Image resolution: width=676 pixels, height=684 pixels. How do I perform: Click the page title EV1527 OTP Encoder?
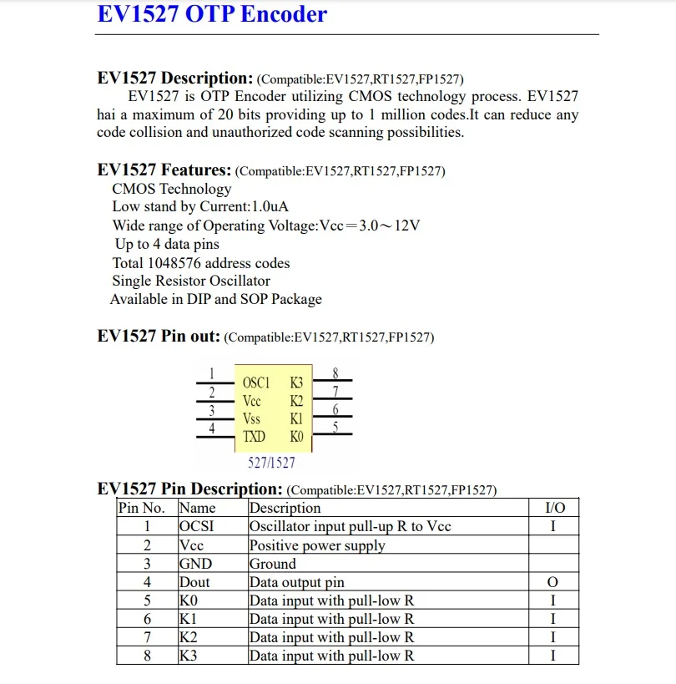(212, 14)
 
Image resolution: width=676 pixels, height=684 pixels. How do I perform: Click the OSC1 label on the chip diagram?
(256, 383)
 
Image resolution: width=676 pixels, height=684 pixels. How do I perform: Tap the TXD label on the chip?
(254, 436)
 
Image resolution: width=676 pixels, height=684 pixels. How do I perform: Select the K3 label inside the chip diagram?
(296, 383)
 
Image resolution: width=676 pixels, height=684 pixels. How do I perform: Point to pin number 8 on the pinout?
(335, 372)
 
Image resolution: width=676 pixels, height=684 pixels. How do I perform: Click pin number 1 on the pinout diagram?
(212, 373)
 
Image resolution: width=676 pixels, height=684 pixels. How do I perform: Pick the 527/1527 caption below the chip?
(271, 462)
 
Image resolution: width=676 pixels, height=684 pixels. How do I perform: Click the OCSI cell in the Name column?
(196, 526)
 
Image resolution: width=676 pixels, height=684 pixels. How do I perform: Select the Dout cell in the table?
(194, 582)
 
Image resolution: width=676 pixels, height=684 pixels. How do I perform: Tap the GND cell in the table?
(195, 564)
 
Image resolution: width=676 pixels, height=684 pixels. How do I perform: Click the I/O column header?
(554, 508)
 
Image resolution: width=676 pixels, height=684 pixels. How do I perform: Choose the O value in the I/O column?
(552, 582)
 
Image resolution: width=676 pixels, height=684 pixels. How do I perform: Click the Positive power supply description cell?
(317, 545)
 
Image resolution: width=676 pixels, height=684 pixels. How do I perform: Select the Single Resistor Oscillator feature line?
(191, 281)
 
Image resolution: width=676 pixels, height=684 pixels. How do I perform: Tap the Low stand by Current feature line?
(201, 207)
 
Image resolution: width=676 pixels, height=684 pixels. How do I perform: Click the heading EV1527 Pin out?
(159, 337)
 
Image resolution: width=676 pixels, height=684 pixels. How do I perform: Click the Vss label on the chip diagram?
(251, 418)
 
